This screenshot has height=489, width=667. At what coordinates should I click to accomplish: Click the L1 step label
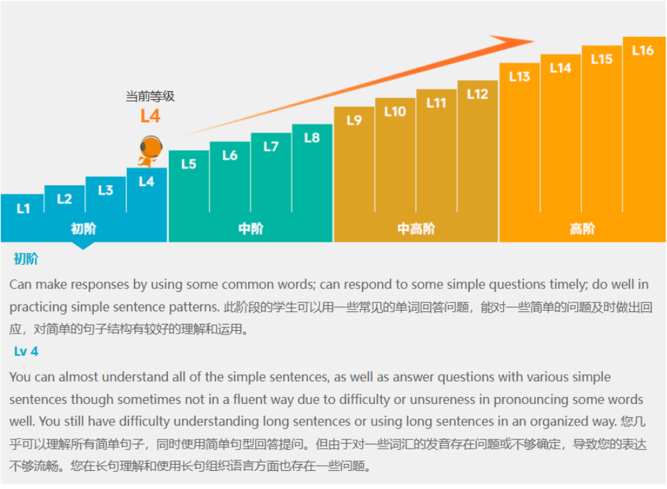point(23,208)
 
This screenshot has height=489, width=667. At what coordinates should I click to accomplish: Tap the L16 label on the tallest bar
point(643,50)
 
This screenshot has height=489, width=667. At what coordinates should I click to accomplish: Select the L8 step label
point(312,137)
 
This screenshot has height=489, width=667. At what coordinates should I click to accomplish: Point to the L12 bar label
point(477,94)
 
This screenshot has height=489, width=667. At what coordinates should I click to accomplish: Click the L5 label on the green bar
point(188,164)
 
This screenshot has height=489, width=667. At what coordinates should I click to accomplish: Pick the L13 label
point(519,77)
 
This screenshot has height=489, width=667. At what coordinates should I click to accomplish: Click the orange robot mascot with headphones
point(150,150)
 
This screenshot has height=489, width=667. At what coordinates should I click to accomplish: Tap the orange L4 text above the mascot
point(150,116)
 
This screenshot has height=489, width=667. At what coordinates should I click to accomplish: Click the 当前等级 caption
point(150,96)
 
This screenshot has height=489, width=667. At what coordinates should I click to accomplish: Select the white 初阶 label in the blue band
point(84,228)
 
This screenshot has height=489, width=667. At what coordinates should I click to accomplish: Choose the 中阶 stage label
point(250,228)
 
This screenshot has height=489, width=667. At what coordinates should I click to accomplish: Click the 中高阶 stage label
point(416,228)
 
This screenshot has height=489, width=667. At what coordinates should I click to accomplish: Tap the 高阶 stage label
point(582,228)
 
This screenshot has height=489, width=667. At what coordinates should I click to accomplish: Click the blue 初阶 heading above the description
point(26,259)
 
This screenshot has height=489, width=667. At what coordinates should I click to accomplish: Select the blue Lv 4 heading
point(26,352)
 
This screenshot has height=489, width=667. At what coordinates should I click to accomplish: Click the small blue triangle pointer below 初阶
point(83,245)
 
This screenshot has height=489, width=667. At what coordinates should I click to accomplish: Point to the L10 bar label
point(394,111)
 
